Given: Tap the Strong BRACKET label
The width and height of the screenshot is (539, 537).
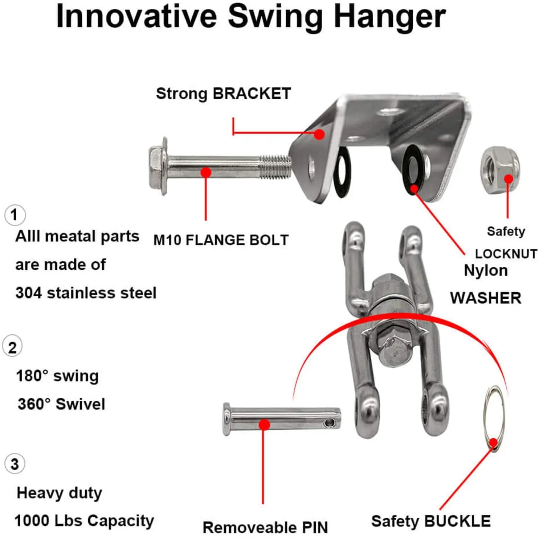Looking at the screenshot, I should point(223,94).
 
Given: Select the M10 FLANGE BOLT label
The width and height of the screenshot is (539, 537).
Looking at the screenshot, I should point(221,240).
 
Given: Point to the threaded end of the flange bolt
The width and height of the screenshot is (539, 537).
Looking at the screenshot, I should point(276,167).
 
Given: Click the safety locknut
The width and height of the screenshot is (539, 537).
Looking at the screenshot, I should point(500,170).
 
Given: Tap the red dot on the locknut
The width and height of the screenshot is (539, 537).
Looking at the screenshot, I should point(509,179).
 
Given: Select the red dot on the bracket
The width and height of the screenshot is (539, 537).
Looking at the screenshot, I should point(319,135).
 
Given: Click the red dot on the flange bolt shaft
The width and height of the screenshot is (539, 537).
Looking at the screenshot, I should point(206,172).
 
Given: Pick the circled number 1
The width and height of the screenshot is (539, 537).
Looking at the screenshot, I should point(15,215).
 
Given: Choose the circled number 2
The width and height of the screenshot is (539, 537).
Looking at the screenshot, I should point(12,347).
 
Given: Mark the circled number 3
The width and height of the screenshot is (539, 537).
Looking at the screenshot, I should point(15,464).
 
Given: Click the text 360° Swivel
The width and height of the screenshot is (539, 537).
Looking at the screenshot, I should point(61,404).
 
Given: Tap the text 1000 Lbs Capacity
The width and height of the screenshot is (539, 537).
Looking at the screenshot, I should point(84,521).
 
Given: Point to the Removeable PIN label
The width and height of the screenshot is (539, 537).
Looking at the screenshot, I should point(265,527).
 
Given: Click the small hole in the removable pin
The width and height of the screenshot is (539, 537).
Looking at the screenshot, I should point(329,422).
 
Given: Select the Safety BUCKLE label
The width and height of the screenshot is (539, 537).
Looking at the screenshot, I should point(431,521).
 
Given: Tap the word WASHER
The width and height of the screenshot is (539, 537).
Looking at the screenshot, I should point(486,298).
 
